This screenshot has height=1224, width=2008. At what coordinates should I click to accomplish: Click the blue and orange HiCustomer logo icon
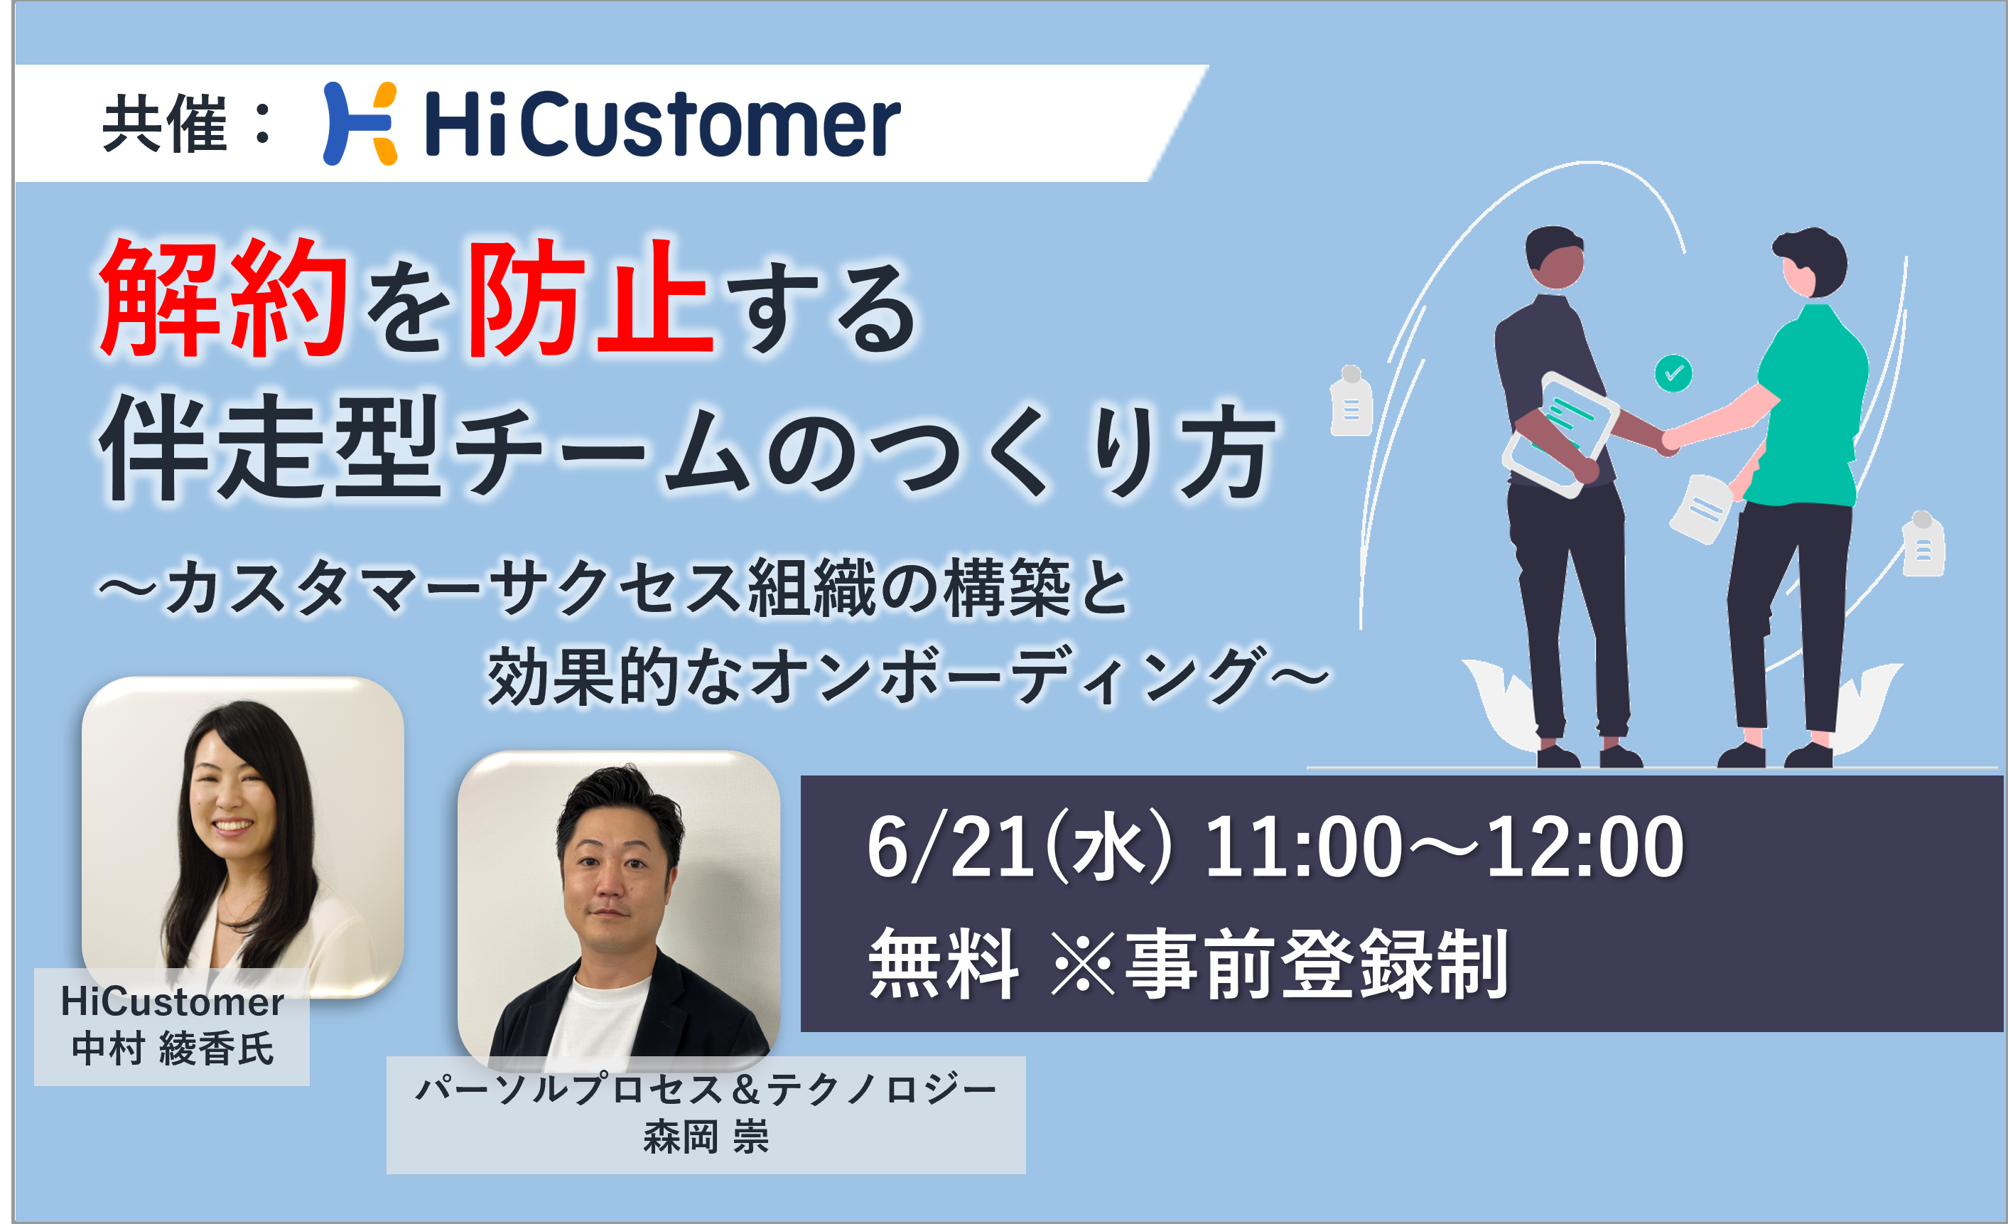click(x=360, y=123)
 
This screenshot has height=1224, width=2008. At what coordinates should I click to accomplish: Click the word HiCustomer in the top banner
click(x=662, y=124)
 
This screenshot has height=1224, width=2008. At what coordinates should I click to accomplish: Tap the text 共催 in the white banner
click(x=164, y=124)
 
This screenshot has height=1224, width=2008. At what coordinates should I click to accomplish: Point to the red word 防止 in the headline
click(x=589, y=299)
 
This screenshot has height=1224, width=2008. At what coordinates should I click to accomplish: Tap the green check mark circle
click(x=1673, y=373)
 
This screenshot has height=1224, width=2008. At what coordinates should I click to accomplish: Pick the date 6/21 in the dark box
click(x=950, y=848)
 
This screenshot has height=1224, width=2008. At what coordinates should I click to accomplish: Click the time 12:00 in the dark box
click(x=1585, y=848)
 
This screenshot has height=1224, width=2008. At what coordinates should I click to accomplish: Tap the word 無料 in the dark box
click(x=944, y=964)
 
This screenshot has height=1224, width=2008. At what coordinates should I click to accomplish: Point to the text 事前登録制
click(x=1317, y=964)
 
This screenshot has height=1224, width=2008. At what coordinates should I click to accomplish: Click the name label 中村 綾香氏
click(x=172, y=1048)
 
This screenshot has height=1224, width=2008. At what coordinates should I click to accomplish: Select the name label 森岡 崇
click(x=706, y=1137)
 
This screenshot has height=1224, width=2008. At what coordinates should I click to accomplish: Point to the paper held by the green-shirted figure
click(x=1702, y=509)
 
